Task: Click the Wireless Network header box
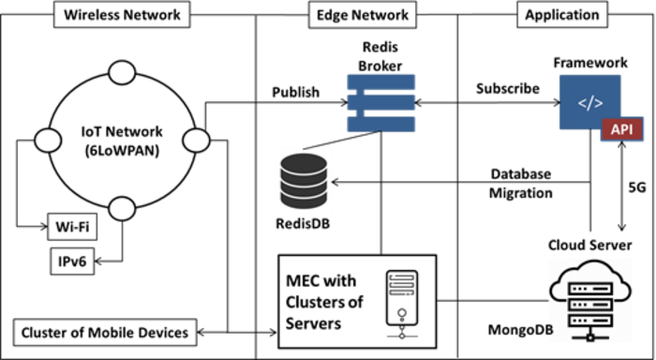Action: click(x=122, y=15)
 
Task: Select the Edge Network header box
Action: click(x=363, y=15)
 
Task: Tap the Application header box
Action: click(x=561, y=15)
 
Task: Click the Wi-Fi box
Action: click(x=72, y=227)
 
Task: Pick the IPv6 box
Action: click(x=72, y=262)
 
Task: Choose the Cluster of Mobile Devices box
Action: click(x=105, y=333)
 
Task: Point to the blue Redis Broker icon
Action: click(x=381, y=102)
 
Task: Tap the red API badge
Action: click(x=621, y=129)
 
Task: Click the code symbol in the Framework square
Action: click(x=590, y=103)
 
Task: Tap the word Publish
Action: click(x=296, y=92)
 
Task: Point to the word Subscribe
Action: click(x=508, y=89)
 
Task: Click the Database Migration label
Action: click(x=521, y=184)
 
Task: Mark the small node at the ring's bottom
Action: click(x=122, y=208)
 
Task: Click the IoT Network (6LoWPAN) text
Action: click(x=121, y=141)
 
